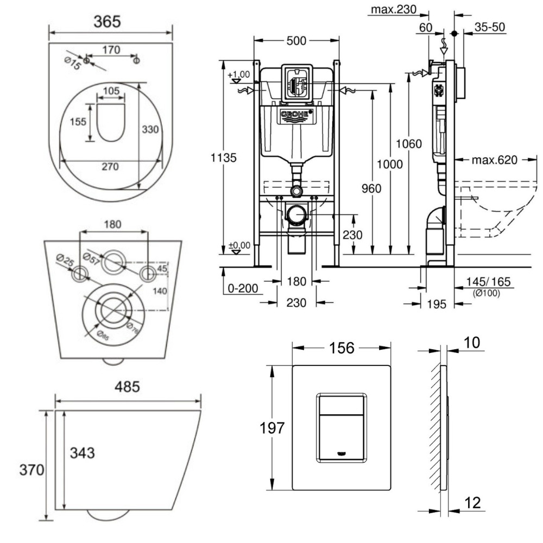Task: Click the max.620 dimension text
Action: tap(494, 160)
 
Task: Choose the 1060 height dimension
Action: tap(408, 144)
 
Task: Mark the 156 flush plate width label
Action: tap(342, 348)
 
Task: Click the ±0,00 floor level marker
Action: tap(239, 245)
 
